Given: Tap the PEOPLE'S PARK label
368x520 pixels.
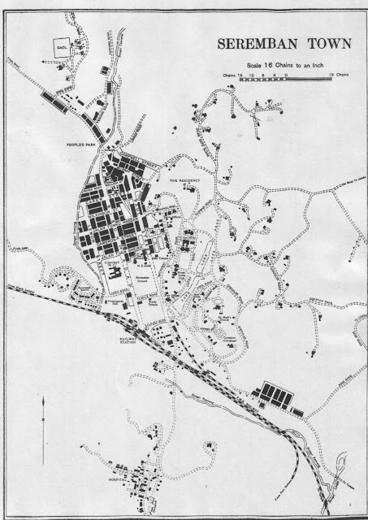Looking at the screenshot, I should tap(83, 144).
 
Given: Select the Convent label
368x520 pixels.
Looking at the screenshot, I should tap(112, 263).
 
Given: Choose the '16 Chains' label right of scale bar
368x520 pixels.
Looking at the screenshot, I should tap(339, 74).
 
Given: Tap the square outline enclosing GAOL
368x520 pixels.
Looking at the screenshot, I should tap(62, 49).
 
